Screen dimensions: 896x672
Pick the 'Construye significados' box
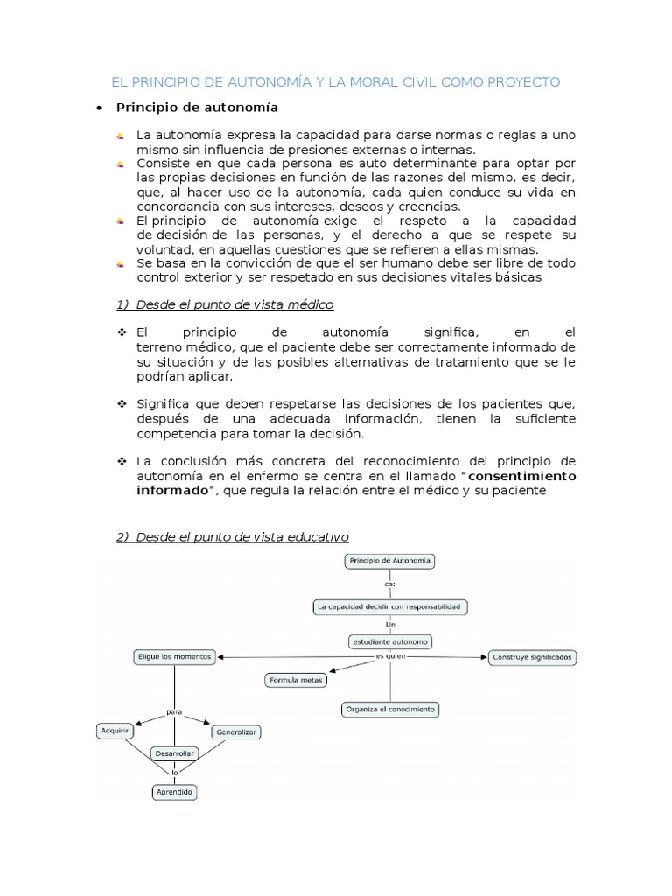tap(532, 656)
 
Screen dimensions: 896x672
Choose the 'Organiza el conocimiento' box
tap(390, 709)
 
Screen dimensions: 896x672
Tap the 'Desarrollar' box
tap(174, 752)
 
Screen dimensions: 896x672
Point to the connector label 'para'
tap(174, 710)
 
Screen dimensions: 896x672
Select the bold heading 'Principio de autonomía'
tap(198, 108)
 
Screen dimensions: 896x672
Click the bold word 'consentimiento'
tap(523, 476)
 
